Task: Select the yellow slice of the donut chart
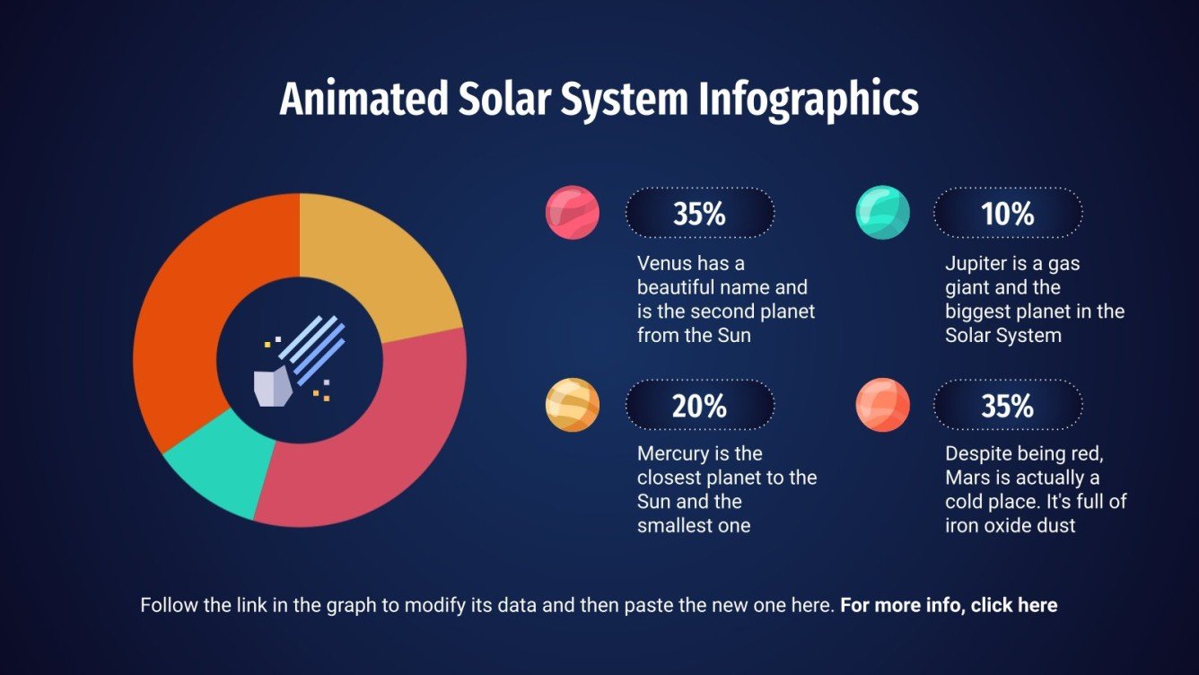(x=386, y=260)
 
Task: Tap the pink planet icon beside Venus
(x=572, y=213)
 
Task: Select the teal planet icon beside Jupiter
(x=883, y=213)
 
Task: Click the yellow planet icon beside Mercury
(x=572, y=405)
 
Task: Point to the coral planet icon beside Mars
(x=883, y=405)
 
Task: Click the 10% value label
(x=1007, y=214)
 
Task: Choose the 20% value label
(x=699, y=406)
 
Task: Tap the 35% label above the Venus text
(x=699, y=214)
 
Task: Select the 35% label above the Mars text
(x=1007, y=406)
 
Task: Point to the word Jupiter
(x=977, y=264)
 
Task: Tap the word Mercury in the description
(x=673, y=454)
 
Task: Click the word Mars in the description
(x=966, y=478)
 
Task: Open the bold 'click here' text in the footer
(x=1014, y=605)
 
